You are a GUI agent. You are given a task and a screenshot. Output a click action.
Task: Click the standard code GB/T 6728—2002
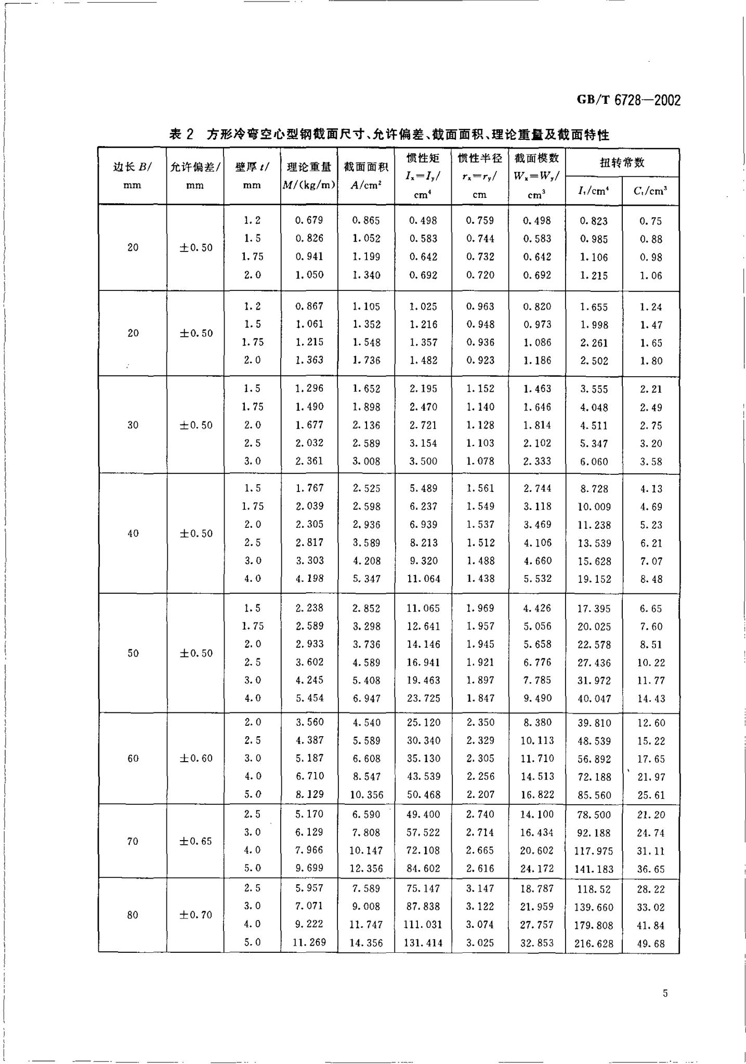(x=629, y=100)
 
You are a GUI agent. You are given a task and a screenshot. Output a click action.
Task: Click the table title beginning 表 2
(x=389, y=135)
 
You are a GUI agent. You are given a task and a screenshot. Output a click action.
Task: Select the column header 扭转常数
(x=622, y=163)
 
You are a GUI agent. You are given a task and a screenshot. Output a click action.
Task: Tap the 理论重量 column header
(x=309, y=176)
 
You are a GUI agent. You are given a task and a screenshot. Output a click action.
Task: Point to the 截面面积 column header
(x=366, y=176)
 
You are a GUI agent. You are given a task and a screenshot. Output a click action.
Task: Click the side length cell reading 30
(x=133, y=425)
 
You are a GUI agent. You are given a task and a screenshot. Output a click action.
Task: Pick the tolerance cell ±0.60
(x=196, y=759)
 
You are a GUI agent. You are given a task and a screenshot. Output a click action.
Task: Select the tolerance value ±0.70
(x=196, y=915)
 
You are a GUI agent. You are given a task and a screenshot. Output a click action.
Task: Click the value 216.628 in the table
(x=594, y=943)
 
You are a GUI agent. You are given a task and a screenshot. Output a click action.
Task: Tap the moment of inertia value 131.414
(x=423, y=943)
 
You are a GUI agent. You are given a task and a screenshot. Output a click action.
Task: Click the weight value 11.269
(x=309, y=942)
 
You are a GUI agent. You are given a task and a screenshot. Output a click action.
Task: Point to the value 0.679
(x=309, y=220)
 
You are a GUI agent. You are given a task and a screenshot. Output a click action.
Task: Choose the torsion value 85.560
(x=594, y=795)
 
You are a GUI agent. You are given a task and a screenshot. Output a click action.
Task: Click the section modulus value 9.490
(x=537, y=698)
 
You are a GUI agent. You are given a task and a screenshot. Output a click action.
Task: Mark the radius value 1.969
(x=480, y=608)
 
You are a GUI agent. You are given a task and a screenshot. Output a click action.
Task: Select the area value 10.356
(x=366, y=795)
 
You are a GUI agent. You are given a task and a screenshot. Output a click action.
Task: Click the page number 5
(x=665, y=993)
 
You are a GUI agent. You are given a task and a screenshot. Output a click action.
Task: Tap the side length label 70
(x=133, y=841)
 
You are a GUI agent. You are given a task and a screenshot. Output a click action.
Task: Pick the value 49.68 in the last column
(x=651, y=943)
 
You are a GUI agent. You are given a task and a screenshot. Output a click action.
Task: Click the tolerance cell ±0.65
(x=196, y=841)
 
